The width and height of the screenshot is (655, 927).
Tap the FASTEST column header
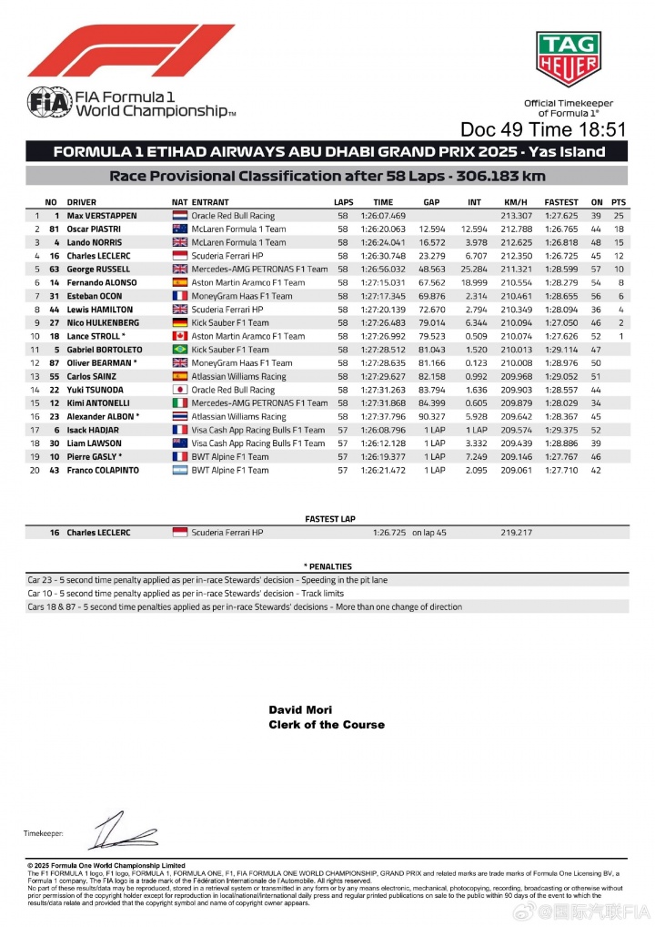coord(560,202)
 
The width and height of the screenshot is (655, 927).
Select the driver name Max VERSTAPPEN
coord(102,216)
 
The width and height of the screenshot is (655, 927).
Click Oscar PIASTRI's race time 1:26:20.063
coord(383,229)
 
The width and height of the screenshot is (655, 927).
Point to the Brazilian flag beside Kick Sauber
coord(179,350)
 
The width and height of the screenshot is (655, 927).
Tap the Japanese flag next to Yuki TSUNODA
coord(179,390)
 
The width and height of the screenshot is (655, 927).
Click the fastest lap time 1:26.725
coord(388,532)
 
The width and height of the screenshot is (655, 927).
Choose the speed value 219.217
coord(516,532)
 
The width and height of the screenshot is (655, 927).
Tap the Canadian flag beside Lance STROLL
coord(179,336)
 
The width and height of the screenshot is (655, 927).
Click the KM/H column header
coord(515,202)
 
